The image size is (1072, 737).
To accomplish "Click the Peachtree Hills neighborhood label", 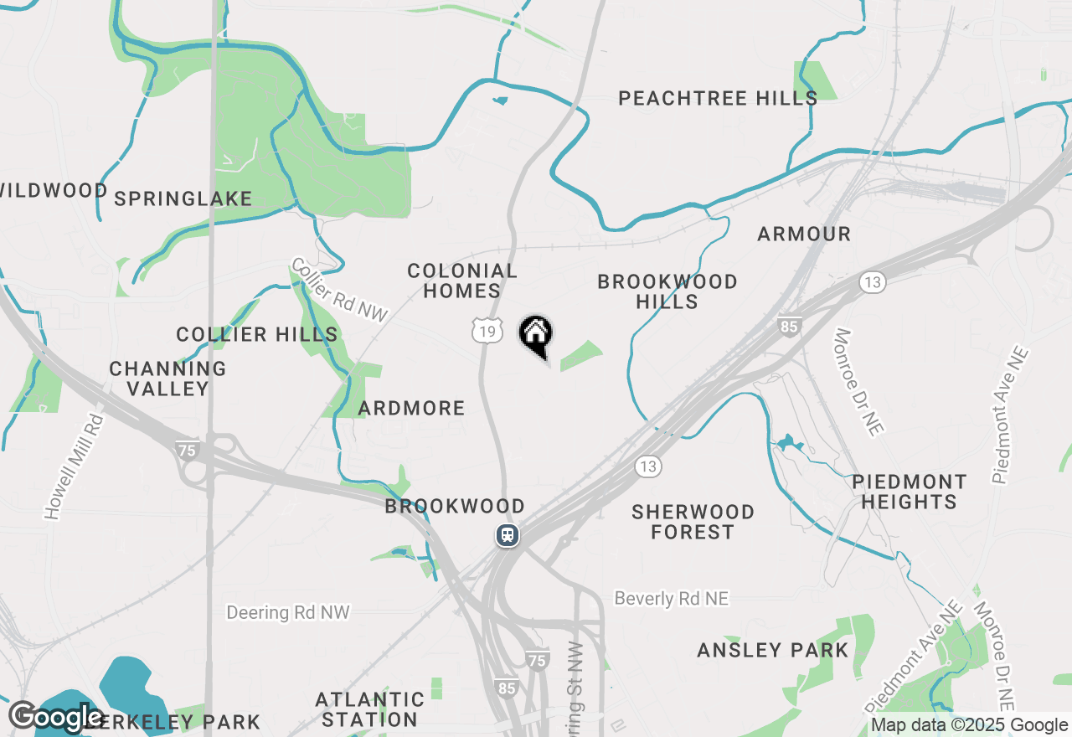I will coord(718,98).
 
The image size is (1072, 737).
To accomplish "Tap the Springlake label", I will coord(183,198).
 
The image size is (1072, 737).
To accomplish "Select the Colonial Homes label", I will coord(461,281).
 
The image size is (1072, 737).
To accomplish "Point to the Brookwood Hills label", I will coord(667,291).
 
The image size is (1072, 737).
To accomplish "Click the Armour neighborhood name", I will coord(804,234).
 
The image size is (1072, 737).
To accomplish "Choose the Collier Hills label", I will coord(257,335).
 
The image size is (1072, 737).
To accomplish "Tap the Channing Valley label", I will coord(167,379).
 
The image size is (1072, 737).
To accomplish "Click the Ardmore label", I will coord(411,408).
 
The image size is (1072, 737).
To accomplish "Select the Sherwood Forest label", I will coord(693,522).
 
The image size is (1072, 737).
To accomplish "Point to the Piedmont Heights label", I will coord(909,492).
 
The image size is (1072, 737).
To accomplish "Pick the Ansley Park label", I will coord(773,650).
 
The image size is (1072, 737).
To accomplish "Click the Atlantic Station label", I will coord(369,709).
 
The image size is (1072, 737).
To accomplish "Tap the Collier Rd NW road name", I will coord(339,290).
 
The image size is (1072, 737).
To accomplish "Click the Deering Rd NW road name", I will coord(288,613).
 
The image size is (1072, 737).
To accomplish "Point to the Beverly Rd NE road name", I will coord(671,598).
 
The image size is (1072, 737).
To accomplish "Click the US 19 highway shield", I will coord(487,332).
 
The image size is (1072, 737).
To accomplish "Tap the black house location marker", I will coord(536,335).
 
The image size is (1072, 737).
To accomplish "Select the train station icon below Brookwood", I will coord(508,534).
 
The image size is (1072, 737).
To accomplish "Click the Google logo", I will coord(55,718).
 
